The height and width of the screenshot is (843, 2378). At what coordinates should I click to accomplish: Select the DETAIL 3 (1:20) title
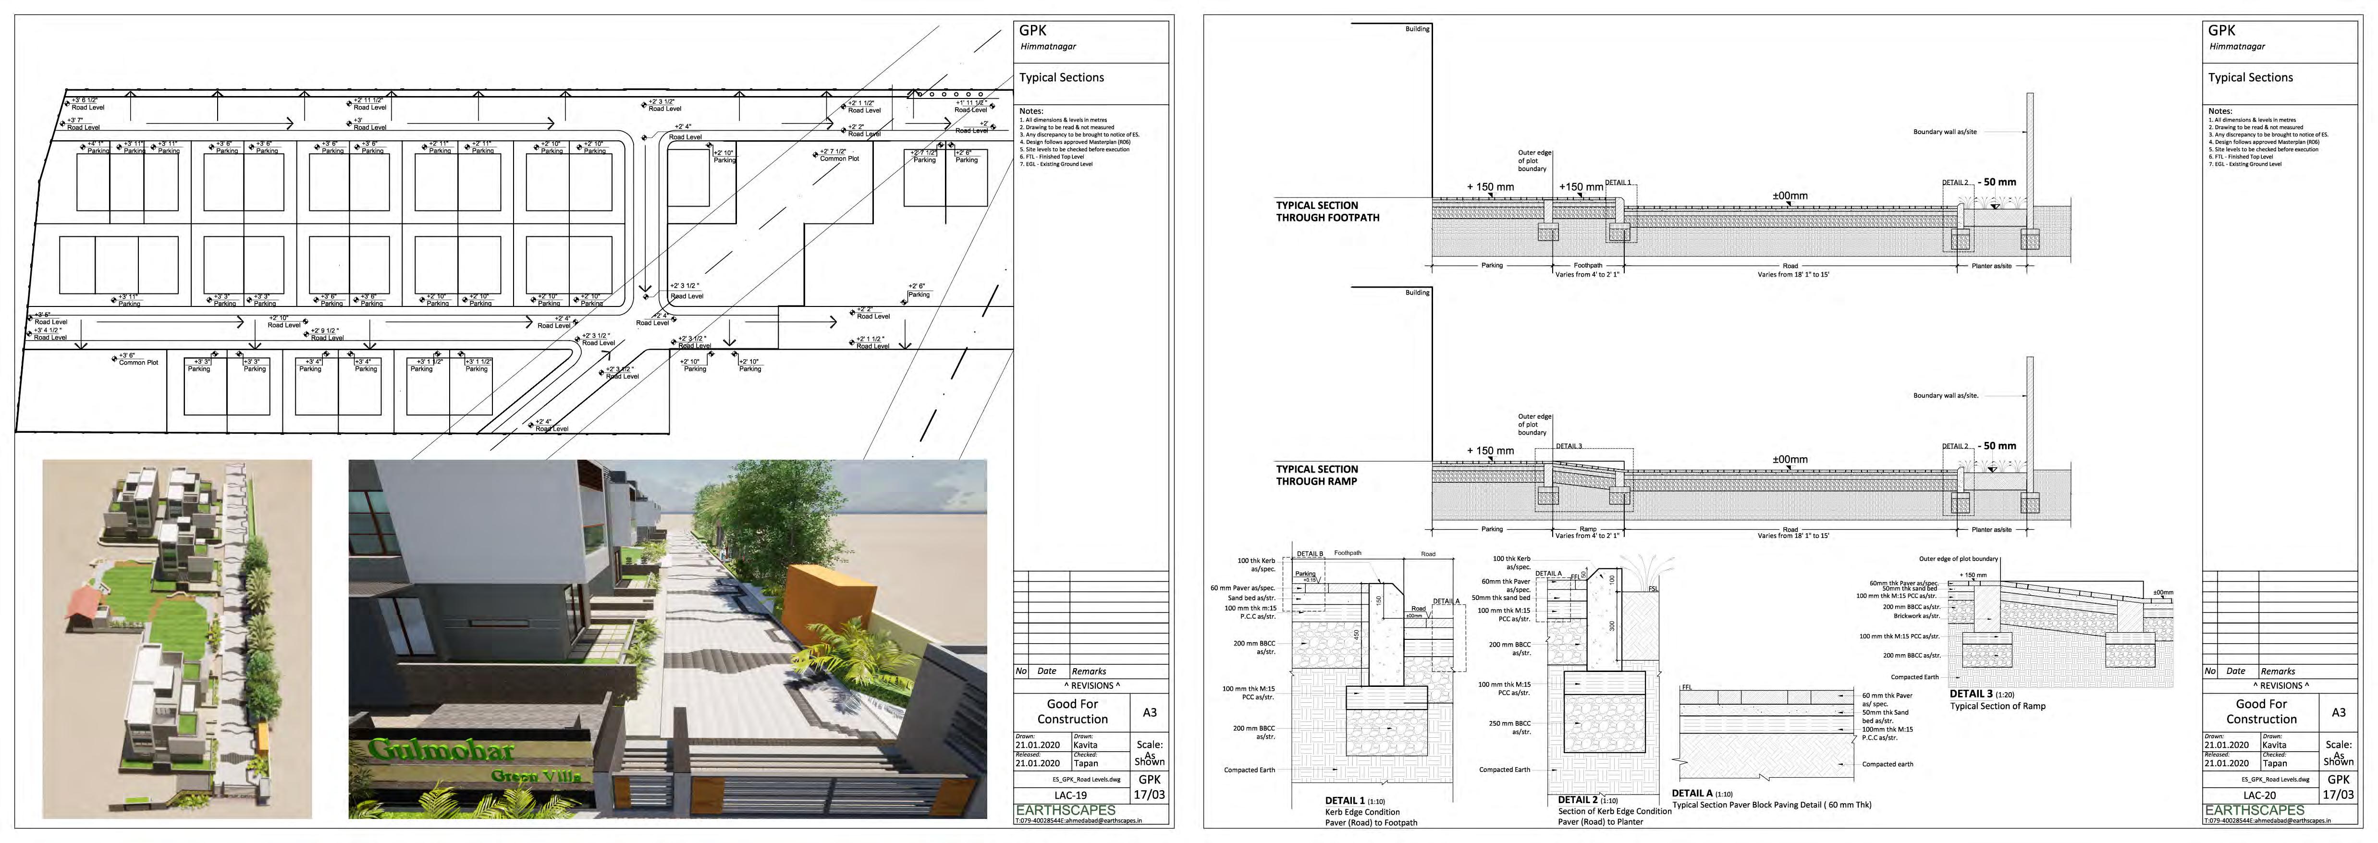point(1981,694)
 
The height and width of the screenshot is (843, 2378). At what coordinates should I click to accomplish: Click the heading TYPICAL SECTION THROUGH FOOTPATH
point(1327,211)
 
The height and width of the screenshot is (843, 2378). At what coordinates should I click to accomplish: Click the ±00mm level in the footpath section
point(1789,196)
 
